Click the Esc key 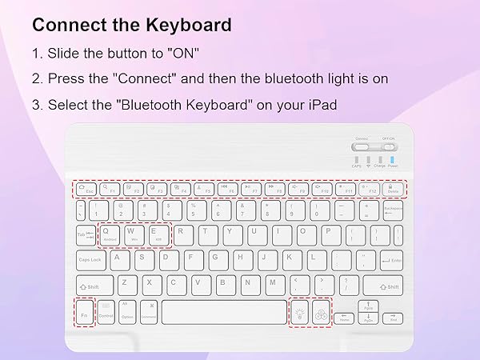(86, 190)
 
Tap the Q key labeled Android (110, 234)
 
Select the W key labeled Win (134, 234)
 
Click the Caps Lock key (90, 260)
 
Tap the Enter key (391, 260)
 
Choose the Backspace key (393, 211)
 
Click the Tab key (84, 235)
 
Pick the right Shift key (382, 286)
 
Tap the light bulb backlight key (300, 313)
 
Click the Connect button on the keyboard (362, 146)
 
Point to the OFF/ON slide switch (389, 146)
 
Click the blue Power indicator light (393, 160)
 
